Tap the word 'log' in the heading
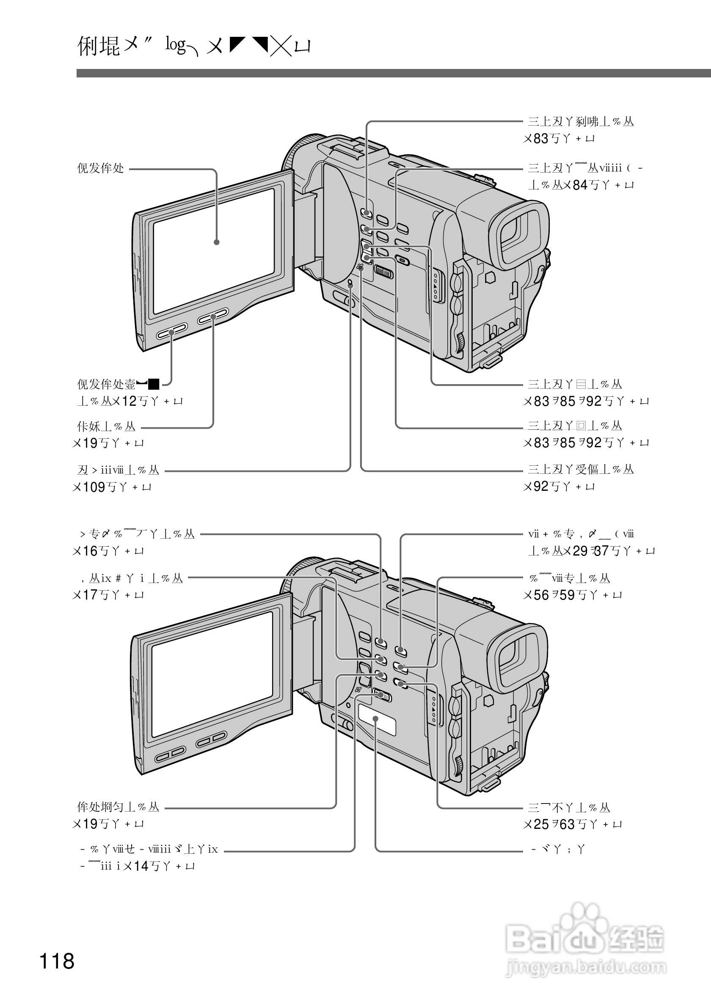tap(176, 45)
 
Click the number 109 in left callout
tap(94, 487)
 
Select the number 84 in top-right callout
tap(580, 185)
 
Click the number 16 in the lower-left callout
tap(90, 551)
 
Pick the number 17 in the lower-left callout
tap(90, 595)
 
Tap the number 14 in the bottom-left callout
tap(141, 866)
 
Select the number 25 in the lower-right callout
tap(542, 825)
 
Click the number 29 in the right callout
tap(580, 551)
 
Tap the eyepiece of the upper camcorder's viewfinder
tap(520, 235)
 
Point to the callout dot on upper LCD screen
tap(216, 242)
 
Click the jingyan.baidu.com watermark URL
tap(586, 967)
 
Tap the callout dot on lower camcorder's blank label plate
tap(376, 718)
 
